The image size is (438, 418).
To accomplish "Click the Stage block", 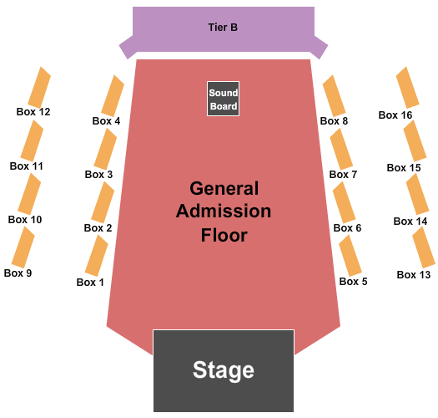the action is click(x=224, y=370).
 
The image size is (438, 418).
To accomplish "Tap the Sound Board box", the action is click(x=224, y=99).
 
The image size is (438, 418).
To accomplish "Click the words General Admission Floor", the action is click(x=224, y=212).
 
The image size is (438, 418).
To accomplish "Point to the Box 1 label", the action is click(x=90, y=283).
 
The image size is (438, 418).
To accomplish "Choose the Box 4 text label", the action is click(x=106, y=121).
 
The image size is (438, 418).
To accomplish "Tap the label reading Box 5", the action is click(x=353, y=282).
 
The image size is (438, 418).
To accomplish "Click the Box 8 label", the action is click(x=334, y=121).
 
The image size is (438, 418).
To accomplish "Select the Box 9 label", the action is click(x=18, y=273).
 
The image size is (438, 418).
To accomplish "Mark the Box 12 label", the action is click(x=33, y=112).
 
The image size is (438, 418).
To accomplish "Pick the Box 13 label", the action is click(x=414, y=275).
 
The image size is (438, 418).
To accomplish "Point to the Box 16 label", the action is click(x=395, y=115).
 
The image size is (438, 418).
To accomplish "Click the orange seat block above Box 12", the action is click(x=39, y=87).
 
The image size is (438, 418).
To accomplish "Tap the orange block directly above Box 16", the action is click(x=408, y=87).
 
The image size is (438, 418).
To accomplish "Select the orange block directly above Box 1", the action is click(x=97, y=256).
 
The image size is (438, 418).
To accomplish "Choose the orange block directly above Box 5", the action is click(x=350, y=256).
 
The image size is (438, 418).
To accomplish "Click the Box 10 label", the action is click(x=25, y=220).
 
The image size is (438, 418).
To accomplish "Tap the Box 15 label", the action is click(x=404, y=168).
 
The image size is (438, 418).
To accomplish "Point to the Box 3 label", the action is click(x=98, y=175).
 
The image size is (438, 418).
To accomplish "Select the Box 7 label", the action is click(x=343, y=175).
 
